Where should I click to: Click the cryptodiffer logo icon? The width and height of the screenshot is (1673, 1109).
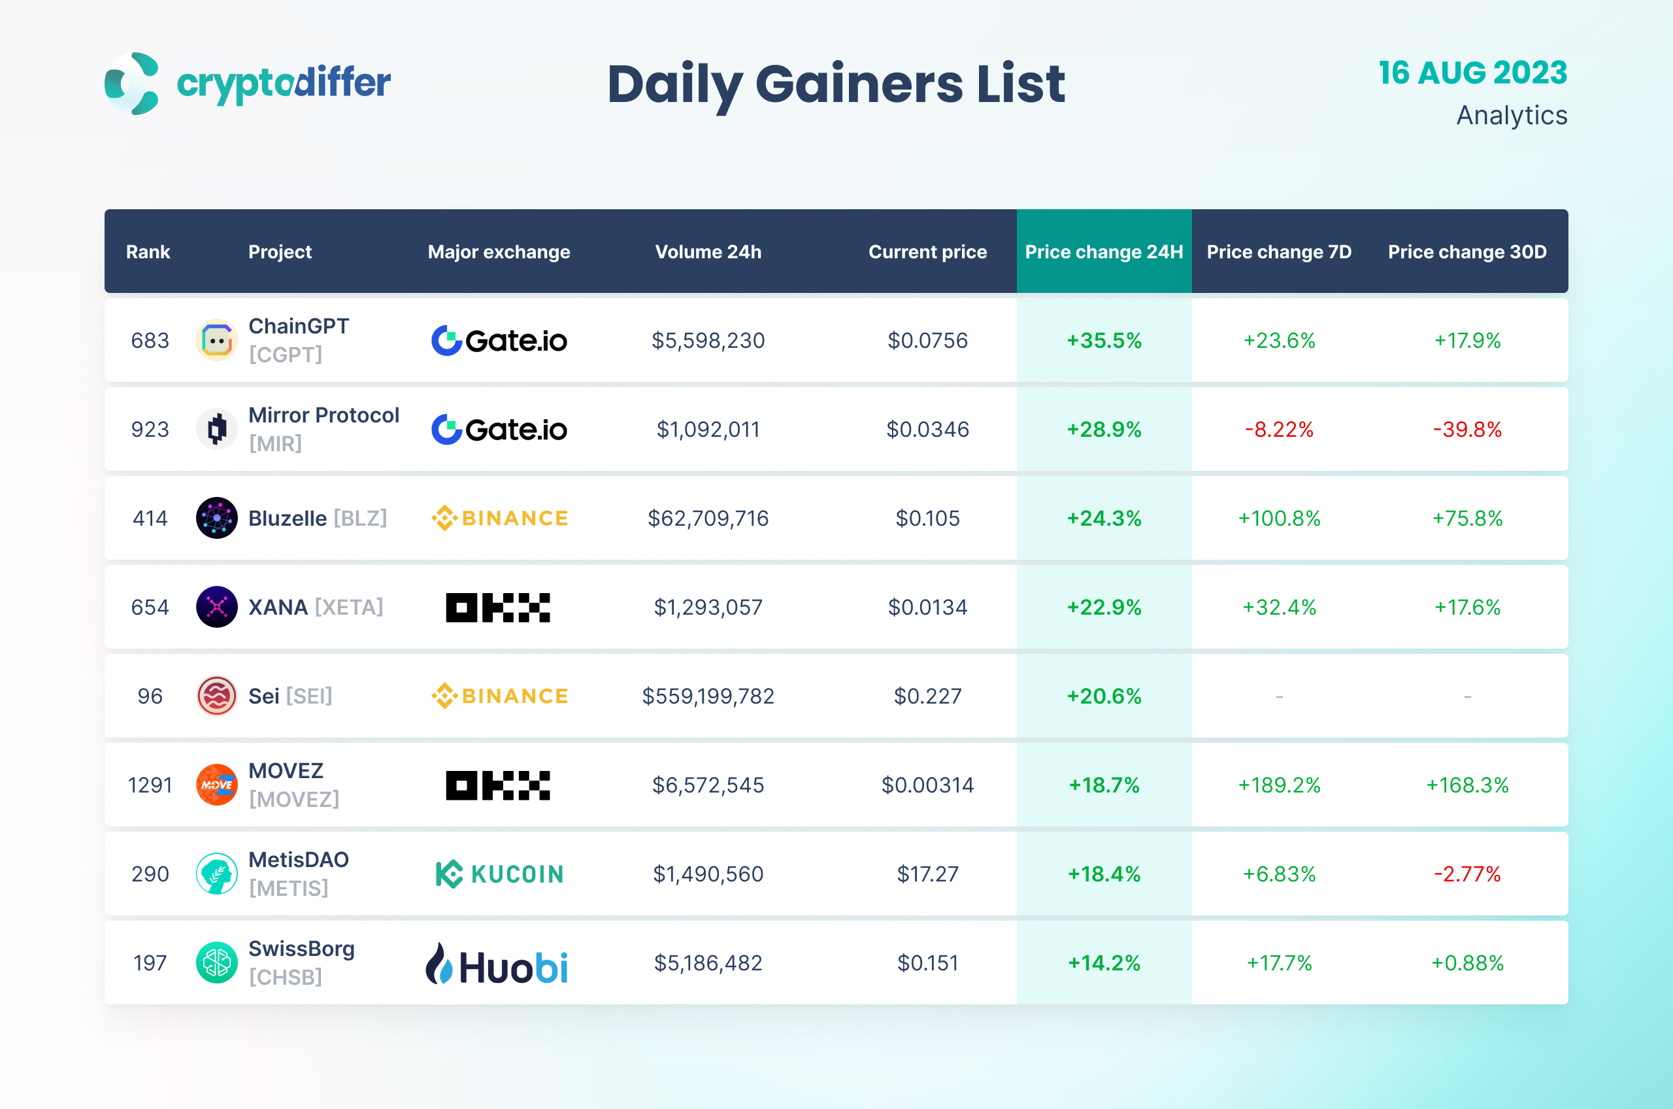pos(132,83)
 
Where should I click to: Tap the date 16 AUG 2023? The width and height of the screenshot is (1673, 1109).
pos(1472,73)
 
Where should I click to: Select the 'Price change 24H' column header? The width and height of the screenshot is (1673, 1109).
pos(1103,252)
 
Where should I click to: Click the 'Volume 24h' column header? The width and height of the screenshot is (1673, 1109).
pos(708,252)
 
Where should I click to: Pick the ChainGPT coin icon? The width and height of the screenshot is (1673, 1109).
pos(216,340)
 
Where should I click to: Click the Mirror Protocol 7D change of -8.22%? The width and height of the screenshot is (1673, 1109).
pos(1279,430)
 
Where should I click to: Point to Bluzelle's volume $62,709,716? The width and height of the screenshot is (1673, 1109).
pos(708,519)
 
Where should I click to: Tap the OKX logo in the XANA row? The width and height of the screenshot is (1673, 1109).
pos(497,607)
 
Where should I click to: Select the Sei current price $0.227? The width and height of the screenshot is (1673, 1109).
pos(927,696)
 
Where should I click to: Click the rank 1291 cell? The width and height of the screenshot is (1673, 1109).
pos(150,785)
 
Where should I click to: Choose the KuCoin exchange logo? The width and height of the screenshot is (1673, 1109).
pos(499,874)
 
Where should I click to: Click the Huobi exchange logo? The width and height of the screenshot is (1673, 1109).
pos(497,963)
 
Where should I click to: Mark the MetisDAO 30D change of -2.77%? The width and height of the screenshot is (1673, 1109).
pos(1466,874)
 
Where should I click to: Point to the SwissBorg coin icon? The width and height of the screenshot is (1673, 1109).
pos(216,963)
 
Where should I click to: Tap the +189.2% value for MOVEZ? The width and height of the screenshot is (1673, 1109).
pos(1279,785)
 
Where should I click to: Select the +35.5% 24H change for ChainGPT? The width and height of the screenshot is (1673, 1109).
pos(1103,340)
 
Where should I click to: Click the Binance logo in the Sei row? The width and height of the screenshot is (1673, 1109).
pos(499,696)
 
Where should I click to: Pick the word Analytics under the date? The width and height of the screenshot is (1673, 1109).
pos(1511,115)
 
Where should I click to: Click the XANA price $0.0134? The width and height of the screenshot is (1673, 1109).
pos(927,607)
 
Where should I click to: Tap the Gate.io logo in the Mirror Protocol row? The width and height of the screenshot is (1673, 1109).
pos(499,430)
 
